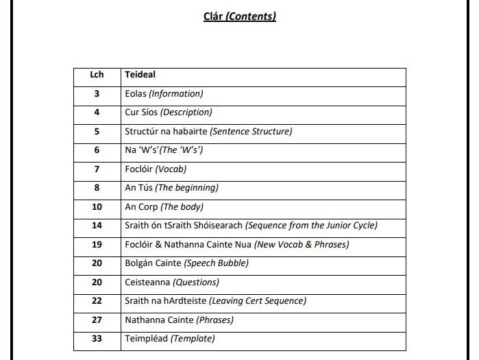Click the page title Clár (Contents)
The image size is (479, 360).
(240, 16)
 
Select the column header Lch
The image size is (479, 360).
(97, 75)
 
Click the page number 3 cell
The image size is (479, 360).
(97, 94)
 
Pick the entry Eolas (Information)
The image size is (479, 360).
(164, 94)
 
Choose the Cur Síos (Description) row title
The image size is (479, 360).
(168, 112)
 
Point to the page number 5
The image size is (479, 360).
(97, 131)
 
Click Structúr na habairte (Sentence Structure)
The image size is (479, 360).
(208, 131)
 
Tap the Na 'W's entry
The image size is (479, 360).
(163, 150)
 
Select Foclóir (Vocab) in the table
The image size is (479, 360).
(156, 169)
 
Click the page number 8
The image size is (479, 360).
(97, 187)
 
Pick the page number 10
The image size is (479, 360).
(97, 206)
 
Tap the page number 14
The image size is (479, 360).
(97, 225)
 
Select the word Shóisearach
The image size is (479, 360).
(218, 225)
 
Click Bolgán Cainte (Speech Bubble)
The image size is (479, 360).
(186, 263)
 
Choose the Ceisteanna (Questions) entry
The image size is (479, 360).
(171, 282)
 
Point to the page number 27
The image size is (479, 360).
(97, 320)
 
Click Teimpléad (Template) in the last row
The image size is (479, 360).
(169, 338)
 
